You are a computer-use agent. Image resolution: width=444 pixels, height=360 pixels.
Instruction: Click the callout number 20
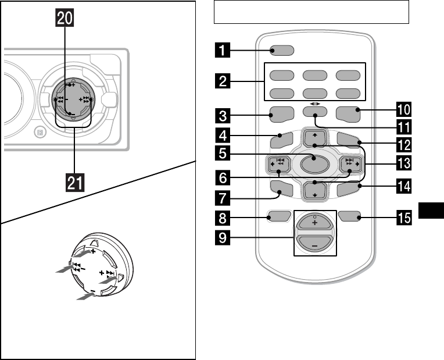click(65, 19)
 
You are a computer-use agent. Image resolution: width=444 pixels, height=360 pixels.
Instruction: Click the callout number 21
click(75, 183)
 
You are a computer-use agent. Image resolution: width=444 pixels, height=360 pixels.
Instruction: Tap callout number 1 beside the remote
click(223, 50)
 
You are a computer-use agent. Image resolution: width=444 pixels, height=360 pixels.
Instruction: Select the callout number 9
click(223, 237)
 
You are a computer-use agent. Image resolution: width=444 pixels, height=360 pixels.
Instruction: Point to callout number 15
click(403, 218)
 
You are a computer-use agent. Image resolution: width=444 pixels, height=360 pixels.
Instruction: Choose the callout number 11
click(403, 127)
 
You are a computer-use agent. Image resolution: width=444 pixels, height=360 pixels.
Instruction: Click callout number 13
click(403, 163)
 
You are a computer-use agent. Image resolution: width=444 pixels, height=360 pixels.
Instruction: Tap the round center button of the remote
click(314, 164)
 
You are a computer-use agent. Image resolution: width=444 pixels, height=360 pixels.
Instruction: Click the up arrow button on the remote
click(314, 137)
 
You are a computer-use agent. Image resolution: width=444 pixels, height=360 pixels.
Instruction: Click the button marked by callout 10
click(348, 114)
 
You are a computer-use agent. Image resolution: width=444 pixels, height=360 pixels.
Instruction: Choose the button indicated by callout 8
click(278, 216)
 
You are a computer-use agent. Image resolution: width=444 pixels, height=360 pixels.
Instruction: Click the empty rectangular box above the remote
click(311, 12)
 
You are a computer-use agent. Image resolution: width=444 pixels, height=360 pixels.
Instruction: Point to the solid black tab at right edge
click(431, 211)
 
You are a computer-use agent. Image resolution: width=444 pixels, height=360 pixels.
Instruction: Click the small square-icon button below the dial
click(40, 132)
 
